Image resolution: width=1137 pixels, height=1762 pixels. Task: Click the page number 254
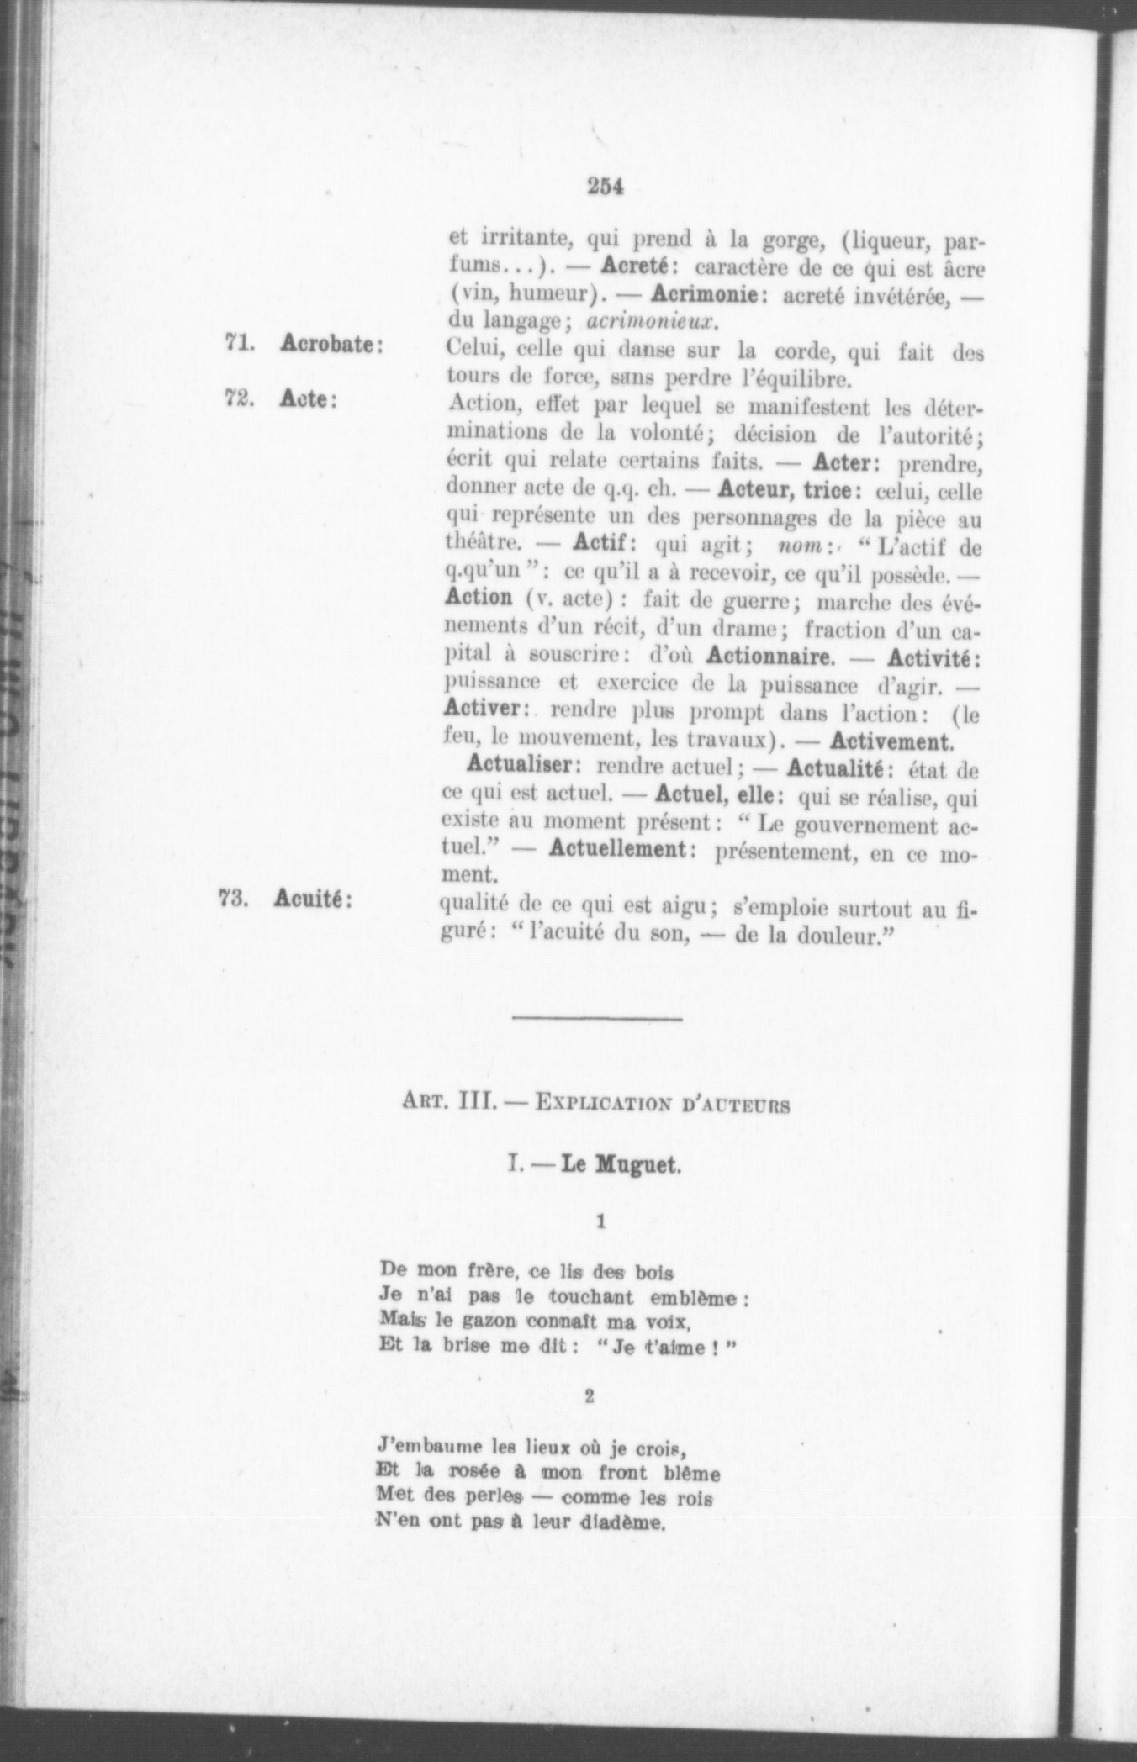click(605, 187)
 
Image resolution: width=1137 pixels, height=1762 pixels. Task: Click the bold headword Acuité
click(312, 899)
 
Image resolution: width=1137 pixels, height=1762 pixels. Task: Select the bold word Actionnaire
click(770, 656)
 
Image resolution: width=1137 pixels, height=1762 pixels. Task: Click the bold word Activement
click(891, 741)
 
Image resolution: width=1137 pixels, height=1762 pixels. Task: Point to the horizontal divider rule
click(597, 1020)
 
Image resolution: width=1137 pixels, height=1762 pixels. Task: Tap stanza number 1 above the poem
click(600, 1222)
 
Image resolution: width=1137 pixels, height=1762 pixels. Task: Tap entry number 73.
click(233, 899)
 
